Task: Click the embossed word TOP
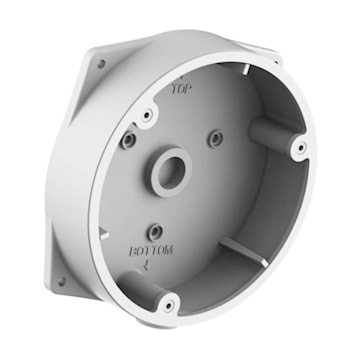[182, 89]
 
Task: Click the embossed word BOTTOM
[151, 251]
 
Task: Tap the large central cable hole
[170, 173]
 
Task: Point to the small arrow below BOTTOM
[146, 265]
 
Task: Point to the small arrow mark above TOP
[181, 77]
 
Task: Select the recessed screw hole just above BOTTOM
[155, 232]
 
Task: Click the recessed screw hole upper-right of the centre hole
[216, 139]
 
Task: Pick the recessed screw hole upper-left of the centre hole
[129, 141]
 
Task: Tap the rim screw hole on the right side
[301, 147]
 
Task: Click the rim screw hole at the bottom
[169, 305]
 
